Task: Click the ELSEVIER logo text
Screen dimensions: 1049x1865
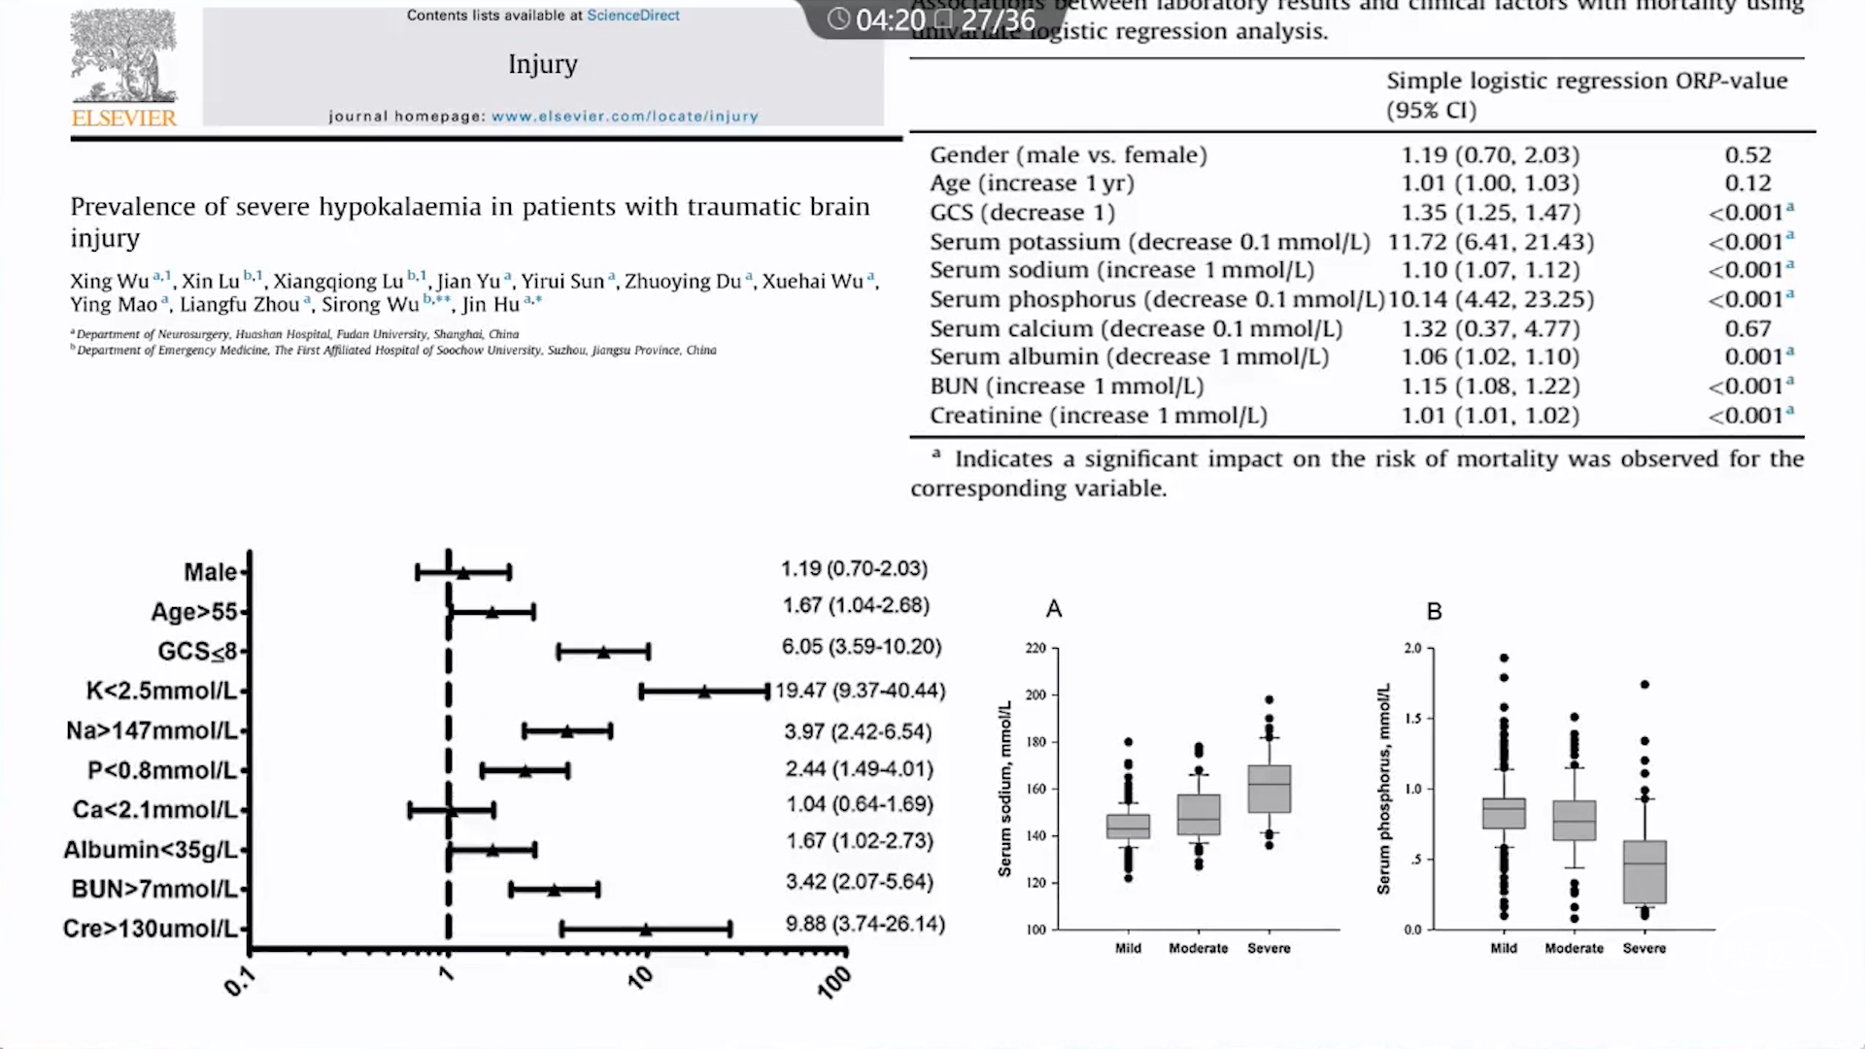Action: tap(124, 118)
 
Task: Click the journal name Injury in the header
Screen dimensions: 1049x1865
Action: tap(542, 64)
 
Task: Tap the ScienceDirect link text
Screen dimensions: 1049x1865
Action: tap(632, 16)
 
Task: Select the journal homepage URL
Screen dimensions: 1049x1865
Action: tap(625, 117)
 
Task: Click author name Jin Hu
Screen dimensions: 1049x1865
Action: tap(492, 305)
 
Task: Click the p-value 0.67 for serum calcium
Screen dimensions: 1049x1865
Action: tap(1747, 329)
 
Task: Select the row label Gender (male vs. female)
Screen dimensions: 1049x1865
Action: tap(1068, 155)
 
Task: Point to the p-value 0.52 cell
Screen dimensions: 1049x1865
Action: tap(1747, 155)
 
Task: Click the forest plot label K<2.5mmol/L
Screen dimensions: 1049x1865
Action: tap(161, 691)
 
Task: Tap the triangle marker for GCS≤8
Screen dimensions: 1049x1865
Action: tap(603, 652)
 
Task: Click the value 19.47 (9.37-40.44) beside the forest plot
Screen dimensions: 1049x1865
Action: tap(860, 691)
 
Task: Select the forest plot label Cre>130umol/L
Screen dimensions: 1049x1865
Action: tap(150, 929)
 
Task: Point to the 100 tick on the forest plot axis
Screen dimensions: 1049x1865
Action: tap(833, 982)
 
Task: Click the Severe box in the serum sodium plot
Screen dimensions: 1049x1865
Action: tap(1269, 789)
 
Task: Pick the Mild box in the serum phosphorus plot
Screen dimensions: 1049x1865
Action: tap(1504, 813)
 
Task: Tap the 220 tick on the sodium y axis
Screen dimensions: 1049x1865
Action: tap(1035, 648)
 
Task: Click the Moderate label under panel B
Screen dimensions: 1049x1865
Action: tap(1574, 948)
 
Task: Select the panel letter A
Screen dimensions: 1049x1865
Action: tap(1054, 609)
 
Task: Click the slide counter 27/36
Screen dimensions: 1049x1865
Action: tap(998, 19)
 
